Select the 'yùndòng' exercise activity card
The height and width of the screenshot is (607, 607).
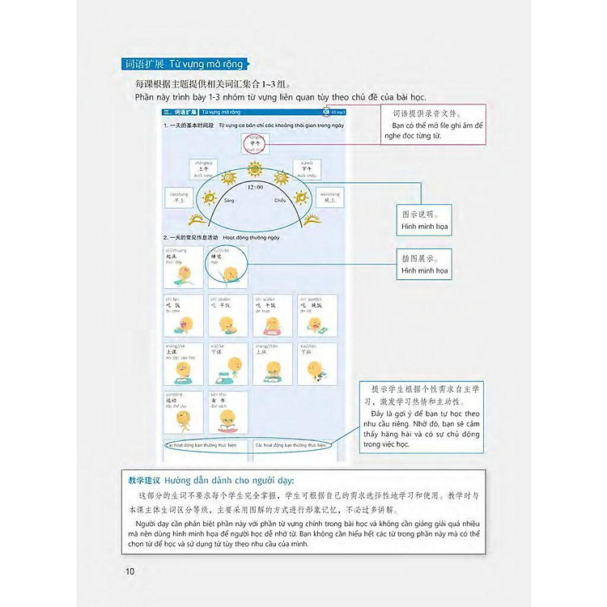183,413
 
